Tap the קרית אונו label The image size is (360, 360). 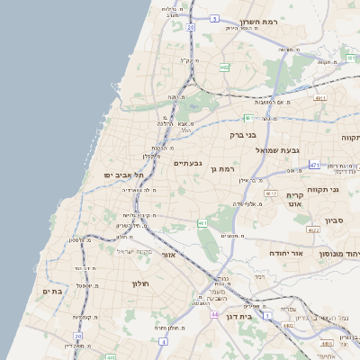295,200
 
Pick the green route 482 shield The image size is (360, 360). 223,67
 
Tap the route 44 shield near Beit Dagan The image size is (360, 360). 214,314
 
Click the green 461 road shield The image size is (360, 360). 203,222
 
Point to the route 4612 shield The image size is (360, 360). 271,193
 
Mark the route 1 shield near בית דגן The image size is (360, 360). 267,316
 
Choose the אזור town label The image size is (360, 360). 167,256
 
